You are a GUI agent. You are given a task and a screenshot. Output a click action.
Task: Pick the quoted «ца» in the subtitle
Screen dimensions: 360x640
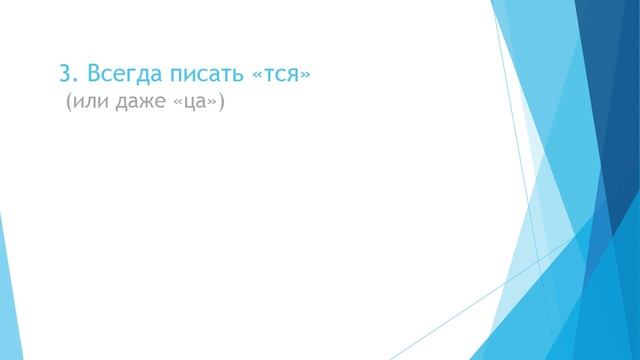point(196,105)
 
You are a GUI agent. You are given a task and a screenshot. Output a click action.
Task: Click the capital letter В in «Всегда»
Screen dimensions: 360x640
point(92,74)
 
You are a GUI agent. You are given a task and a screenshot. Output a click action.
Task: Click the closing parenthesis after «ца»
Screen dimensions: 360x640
point(223,105)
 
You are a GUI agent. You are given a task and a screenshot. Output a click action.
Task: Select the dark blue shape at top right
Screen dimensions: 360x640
point(600,60)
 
